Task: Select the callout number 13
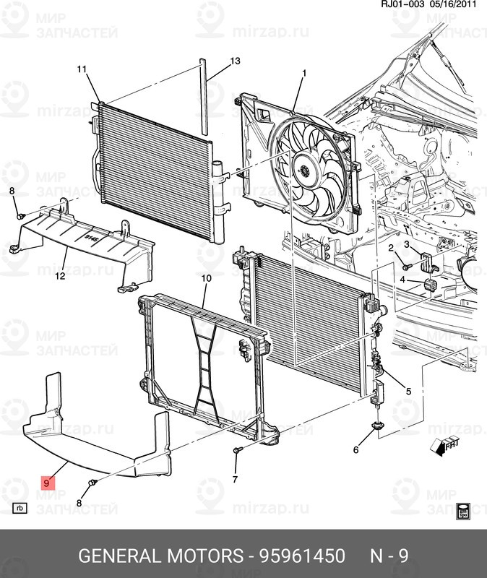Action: [235, 61]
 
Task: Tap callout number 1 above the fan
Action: [304, 72]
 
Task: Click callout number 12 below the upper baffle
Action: [60, 275]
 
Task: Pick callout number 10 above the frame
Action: [205, 278]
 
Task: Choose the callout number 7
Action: [235, 479]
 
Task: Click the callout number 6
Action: [355, 450]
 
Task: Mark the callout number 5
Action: [408, 392]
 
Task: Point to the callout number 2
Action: [390, 248]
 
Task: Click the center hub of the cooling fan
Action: [305, 171]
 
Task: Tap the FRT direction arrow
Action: [444, 447]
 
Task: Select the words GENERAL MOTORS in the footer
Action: [160, 556]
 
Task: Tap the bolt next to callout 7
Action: [236, 451]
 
